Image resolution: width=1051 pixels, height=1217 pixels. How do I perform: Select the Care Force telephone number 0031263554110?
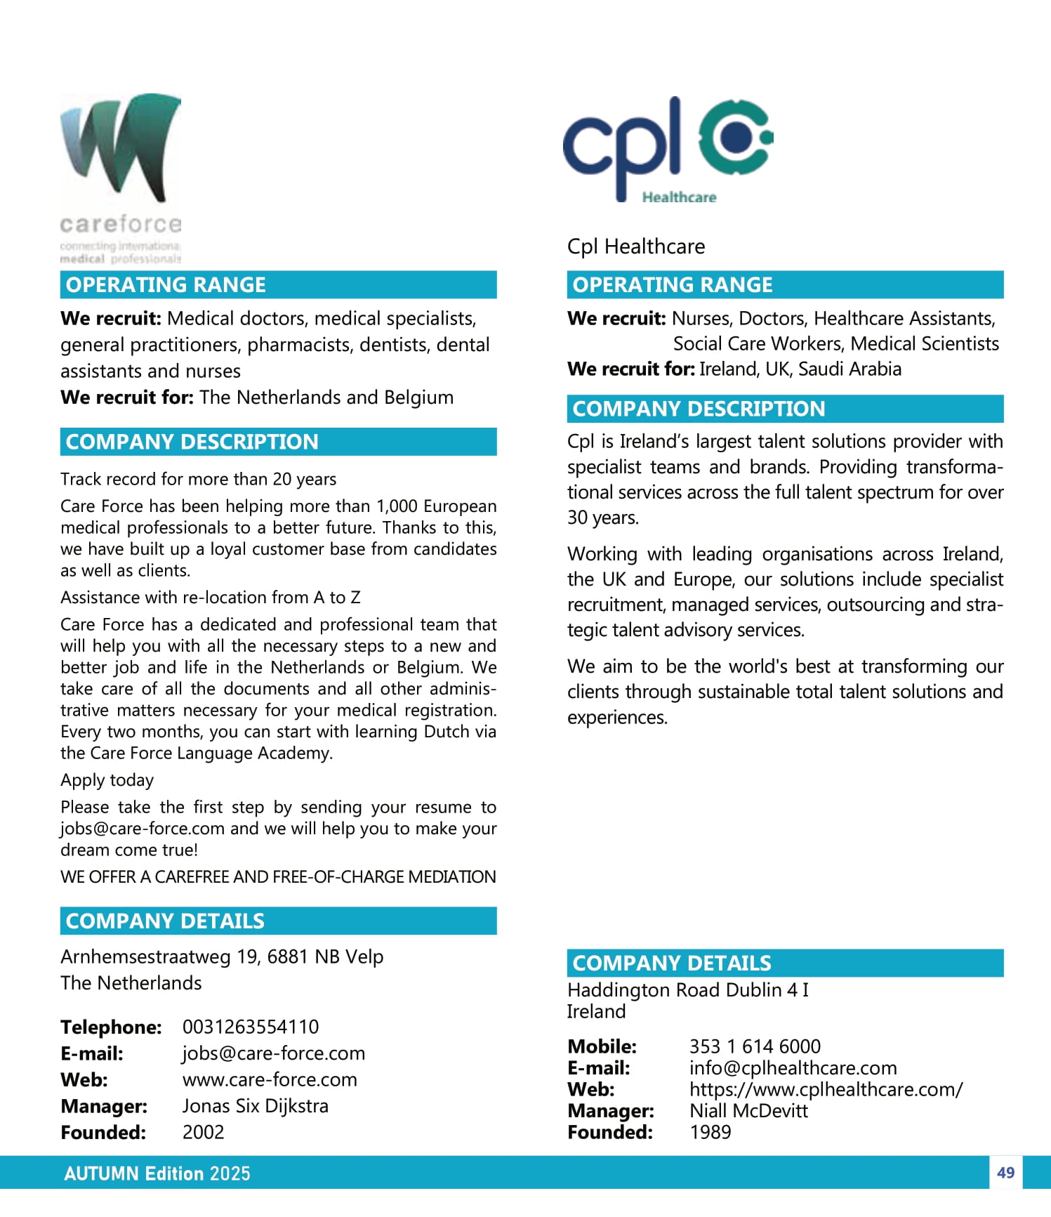click(x=250, y=1027)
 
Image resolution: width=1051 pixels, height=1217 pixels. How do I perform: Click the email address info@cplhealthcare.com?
click(x=793, y=1067)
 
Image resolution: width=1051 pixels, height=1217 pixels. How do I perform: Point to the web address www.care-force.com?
click(x=270, y=1079)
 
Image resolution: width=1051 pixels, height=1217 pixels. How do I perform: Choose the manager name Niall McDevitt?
click(x=748, y=1110)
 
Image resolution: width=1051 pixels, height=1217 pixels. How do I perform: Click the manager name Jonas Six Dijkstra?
click(x=255, y=1106)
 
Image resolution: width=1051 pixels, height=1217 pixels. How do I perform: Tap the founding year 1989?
click(x=710, y=1132)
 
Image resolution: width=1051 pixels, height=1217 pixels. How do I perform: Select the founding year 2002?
click(x=203, y=1132)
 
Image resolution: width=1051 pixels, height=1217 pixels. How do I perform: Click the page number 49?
click(x=1005, y=1173)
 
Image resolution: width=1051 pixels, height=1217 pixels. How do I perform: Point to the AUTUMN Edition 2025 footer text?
click(x=157, y=1173)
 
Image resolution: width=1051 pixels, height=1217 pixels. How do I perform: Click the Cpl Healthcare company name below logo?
click(x=635, y=246)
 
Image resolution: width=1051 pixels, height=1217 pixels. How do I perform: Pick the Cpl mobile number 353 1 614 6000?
click(x=755, y=1046)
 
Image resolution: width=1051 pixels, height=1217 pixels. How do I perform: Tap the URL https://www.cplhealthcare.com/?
click(x=826, y=1089)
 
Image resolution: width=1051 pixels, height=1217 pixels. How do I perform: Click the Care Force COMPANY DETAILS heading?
click(x=165, y=921)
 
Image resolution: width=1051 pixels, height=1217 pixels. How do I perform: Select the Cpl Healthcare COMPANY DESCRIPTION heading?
click(x=699, y=409)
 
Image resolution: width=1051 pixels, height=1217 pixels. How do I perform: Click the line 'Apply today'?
click(x=107, y=780)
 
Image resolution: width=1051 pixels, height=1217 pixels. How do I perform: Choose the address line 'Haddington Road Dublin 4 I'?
click(x=687, y=989)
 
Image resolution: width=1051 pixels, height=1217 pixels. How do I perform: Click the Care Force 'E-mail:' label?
click(x=92, y=1053)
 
